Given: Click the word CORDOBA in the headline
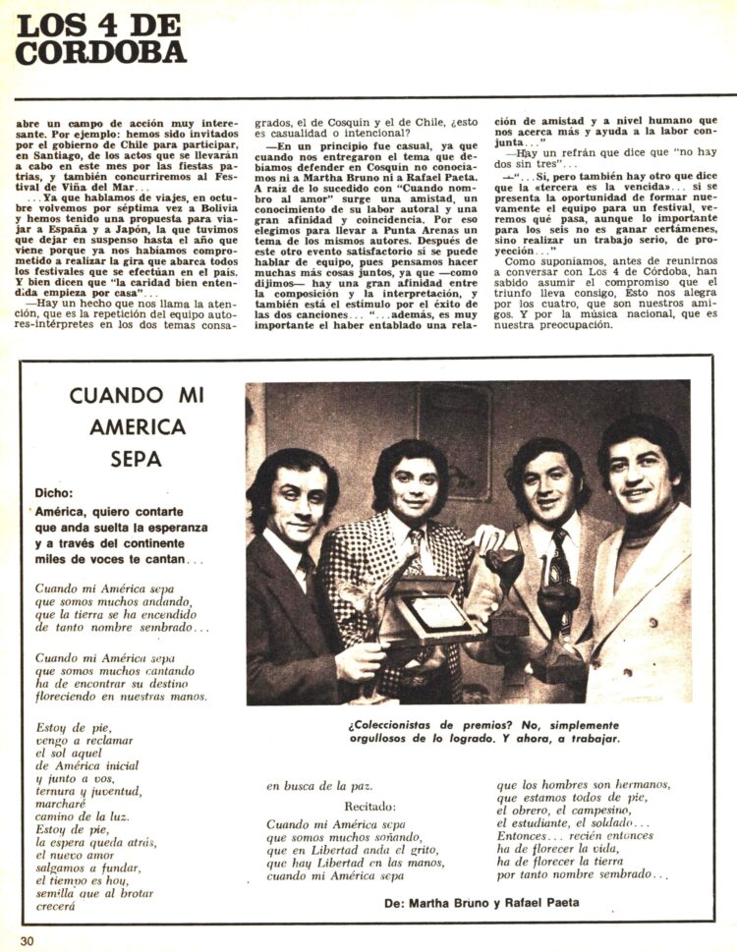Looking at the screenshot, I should tap(100, 52).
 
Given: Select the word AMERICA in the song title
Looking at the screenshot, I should tap(138, 426).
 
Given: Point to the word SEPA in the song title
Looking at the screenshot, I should tap(138, 459).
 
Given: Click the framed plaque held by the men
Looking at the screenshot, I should tap(431, 614).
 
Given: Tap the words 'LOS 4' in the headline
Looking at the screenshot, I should tap(78, 22).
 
